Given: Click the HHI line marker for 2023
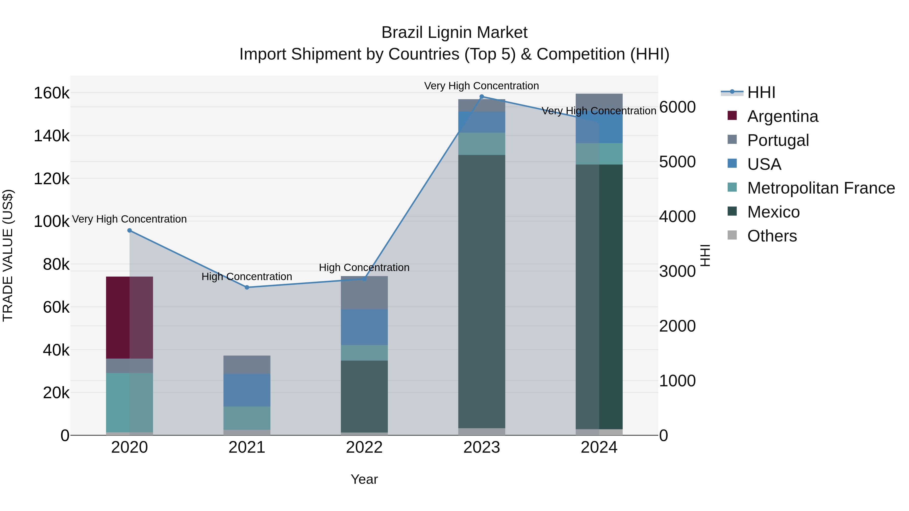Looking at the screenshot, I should tap(482, 97).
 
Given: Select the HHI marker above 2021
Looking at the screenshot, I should tap(247, 287).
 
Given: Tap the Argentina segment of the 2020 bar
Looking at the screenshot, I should tap(130, 317).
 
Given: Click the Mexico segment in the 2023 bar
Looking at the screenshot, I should tap(482, 291).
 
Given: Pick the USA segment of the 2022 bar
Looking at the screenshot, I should tap(364, 327).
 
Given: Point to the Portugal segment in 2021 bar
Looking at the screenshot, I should tap(247, 365).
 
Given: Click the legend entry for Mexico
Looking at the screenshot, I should tap(773, 212).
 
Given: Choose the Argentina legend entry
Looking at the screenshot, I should tap(782, 116).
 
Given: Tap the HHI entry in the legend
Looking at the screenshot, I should tap(761, 92).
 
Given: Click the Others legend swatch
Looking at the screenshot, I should tap(732, 235).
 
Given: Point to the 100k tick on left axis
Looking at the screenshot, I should tap(52, 222).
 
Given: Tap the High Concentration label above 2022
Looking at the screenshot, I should tap(364, 268).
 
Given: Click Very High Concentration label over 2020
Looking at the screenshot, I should tap(130, 219).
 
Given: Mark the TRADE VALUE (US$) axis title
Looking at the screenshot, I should tap(8, 255).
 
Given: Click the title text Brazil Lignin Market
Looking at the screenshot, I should tap(454, 33).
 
